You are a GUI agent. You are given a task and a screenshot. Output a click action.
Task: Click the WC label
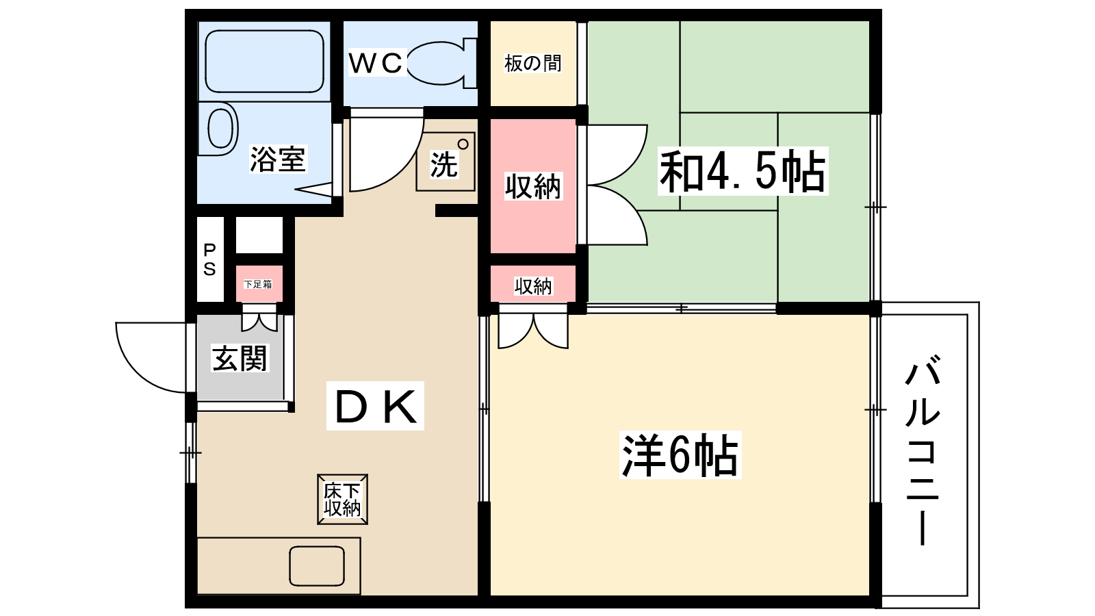click(x=376, y=62)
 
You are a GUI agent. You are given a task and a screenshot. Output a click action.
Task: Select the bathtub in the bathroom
click(x=264, y=62)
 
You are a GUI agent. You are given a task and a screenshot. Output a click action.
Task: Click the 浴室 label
click(x=278, y=159)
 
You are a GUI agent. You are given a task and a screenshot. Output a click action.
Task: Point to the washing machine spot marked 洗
click(x=446, y=162)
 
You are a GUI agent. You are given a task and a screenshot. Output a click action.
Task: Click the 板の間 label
click(x=533, y=64)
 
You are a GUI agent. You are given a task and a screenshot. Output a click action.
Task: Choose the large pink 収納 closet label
click(x=533, y=186)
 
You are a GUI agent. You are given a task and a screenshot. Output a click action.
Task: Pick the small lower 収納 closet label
click(x=533, y=287)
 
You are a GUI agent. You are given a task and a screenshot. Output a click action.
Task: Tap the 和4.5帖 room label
click(x=743, y=171)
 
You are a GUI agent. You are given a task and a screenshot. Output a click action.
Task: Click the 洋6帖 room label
click(x=680, y=454)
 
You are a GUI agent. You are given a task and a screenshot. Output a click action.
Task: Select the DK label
click(x=375, y=406)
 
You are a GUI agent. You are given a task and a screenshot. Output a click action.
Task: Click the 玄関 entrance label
click(x=240, y=359)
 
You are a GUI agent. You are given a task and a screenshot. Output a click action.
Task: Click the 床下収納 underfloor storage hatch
click(x=342, y=499)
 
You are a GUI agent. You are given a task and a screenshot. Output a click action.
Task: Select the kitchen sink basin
click(x=317, y=566)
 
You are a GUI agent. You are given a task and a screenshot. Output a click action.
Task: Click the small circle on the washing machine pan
click(x=463, y=144)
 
